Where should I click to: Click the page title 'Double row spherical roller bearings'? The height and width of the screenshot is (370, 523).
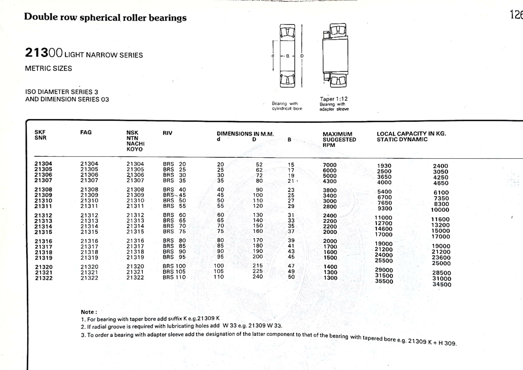point(105,17)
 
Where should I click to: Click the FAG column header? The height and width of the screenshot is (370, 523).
point(86,132)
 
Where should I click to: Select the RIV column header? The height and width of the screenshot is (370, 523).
point(167,133)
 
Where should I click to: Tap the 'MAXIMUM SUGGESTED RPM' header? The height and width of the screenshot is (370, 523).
point(339,139)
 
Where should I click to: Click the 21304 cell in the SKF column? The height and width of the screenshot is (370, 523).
point(43,164)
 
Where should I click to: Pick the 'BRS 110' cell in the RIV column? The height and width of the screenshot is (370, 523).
point(174,277)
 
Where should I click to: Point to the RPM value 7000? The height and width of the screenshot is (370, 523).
point(329,165)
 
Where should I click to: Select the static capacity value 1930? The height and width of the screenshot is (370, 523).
point(384,166)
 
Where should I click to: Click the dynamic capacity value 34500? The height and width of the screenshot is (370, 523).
point(442,284)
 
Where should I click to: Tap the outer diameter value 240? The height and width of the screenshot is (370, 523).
point(258,276)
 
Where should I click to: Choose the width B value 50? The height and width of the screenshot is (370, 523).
point(291,277)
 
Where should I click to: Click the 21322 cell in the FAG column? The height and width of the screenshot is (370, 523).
point(89,278)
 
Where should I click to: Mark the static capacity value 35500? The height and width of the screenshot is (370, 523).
point(384,281)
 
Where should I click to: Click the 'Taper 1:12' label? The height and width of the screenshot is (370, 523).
point(334,99)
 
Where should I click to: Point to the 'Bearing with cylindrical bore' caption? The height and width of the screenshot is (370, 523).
point(287,106)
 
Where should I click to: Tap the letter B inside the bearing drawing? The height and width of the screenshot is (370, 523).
point(288,56)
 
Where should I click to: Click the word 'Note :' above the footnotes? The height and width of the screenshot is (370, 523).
point(89,312)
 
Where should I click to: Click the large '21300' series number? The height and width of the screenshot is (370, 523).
point(44,53)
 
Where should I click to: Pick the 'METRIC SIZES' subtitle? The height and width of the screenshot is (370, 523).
point(48,68)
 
